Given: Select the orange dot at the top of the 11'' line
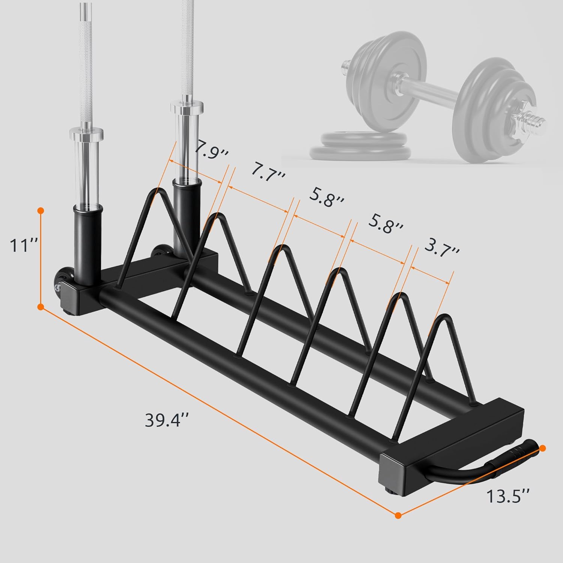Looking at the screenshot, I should (x=41, y=211).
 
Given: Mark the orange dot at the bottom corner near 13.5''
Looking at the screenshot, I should (x=399, y=515).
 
